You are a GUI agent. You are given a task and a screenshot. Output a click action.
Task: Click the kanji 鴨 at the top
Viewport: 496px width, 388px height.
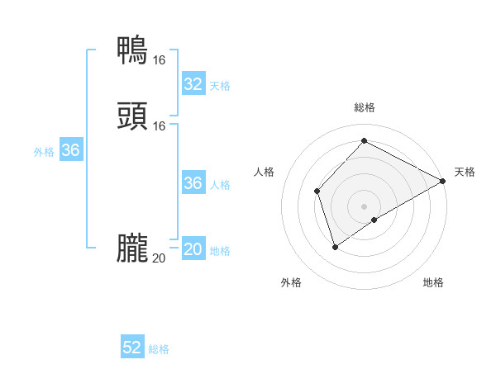click(132, 50)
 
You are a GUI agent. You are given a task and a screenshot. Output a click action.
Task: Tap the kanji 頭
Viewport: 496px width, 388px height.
click(132, 116)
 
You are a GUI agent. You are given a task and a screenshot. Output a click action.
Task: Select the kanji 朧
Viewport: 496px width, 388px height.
click(132, 248)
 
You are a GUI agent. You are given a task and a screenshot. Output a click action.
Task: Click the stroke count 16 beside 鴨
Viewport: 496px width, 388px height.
click(159, 59)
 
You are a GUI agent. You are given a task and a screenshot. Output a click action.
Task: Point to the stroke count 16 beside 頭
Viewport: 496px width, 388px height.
click(159, 125)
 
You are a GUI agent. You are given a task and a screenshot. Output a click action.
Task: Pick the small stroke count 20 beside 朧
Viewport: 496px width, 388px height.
click(159, 258)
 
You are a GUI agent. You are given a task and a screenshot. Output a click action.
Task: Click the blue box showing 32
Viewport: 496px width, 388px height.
click(193, 84)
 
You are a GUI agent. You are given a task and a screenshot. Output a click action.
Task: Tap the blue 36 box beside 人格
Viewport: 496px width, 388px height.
click(193, 183)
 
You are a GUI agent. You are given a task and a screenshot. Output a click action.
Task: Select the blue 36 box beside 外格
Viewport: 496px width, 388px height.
click(70, 151)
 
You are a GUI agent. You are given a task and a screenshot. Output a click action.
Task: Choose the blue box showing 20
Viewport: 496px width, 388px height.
click(193, 249)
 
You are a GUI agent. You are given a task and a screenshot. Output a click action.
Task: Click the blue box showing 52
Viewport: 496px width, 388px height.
click(132, 348)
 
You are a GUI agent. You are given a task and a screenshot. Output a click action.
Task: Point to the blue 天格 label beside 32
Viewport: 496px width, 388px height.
click(220, 86)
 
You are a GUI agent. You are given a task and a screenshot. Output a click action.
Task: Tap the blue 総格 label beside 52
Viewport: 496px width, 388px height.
click(159, 349)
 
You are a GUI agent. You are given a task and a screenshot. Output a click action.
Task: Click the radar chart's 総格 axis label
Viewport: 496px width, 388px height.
click(365, 107)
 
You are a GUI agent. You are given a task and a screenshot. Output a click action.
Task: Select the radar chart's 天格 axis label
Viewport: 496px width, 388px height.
click(465, 172)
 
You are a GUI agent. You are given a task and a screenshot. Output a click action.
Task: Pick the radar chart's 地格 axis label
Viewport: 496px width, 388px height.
click(433, 282)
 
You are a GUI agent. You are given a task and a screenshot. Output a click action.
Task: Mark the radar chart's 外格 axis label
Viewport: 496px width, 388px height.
click(291, 282)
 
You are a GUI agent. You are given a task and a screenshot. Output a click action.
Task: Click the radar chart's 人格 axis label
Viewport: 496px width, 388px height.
click(265, 172)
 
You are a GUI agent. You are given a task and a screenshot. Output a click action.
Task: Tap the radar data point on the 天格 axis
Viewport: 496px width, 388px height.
click(443, 181)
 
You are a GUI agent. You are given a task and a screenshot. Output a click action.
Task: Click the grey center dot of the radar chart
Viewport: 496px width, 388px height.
click(365, 206)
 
